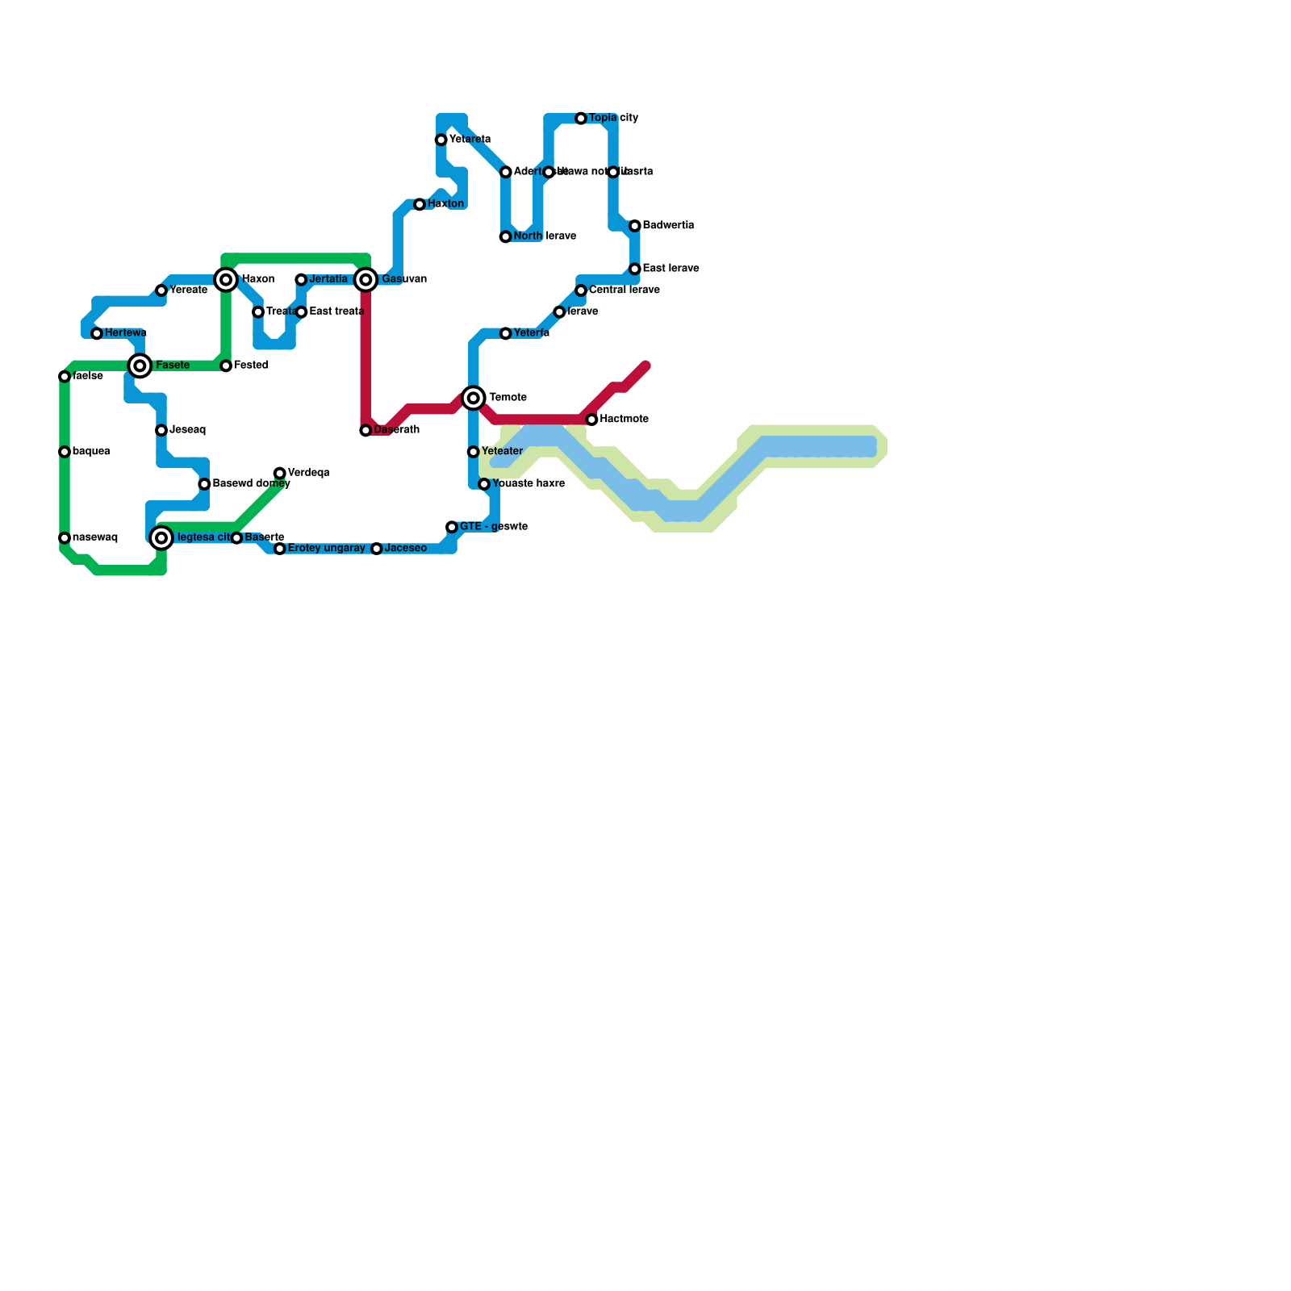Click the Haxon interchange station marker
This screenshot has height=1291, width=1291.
pyautogui.click(x=226, y=280)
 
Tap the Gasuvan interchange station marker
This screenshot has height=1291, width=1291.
pyautogui.click(x=366, y=280)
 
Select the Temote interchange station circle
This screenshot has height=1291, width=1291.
pyautogui.click(x=474, y=398)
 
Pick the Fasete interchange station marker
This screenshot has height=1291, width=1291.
pyautogui.click(x=140, y=366)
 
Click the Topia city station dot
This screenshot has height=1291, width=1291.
pyautogui.click(x=581, y=119)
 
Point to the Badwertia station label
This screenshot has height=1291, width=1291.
pyautogui.click(x=668, y=225)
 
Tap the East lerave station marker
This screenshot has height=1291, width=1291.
pyautogui.click(x=635, y=269)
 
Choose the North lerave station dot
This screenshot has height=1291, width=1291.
pyautogui.click(x=506, y=237)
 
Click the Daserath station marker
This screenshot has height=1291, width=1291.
pyautogui.click(x=366, y=431)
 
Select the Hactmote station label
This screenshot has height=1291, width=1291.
pyautogui.click(x=624, y=420)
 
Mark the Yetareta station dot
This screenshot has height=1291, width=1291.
pyautogui.click(x=441, y=140)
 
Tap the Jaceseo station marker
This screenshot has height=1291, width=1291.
pyautogui.click(x=377, y=549)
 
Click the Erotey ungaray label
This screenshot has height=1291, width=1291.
pyautogui.click(x=326, y=549)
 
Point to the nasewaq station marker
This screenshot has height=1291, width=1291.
pyautogui.click(x=65, y=538)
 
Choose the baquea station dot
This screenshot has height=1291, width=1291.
pyautogui.click(x=65, y=452)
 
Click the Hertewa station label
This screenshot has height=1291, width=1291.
pyautogui.click(x=125, y=333)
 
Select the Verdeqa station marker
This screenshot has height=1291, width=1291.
pyautogui.click(x=279, y=473)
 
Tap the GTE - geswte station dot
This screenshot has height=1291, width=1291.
pyautogui.click(x=452, y=528)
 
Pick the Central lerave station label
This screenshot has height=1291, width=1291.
pyautogui.click(x=624, y=290)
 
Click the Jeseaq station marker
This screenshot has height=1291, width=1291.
pyautogui.click(x=161, y=431)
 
